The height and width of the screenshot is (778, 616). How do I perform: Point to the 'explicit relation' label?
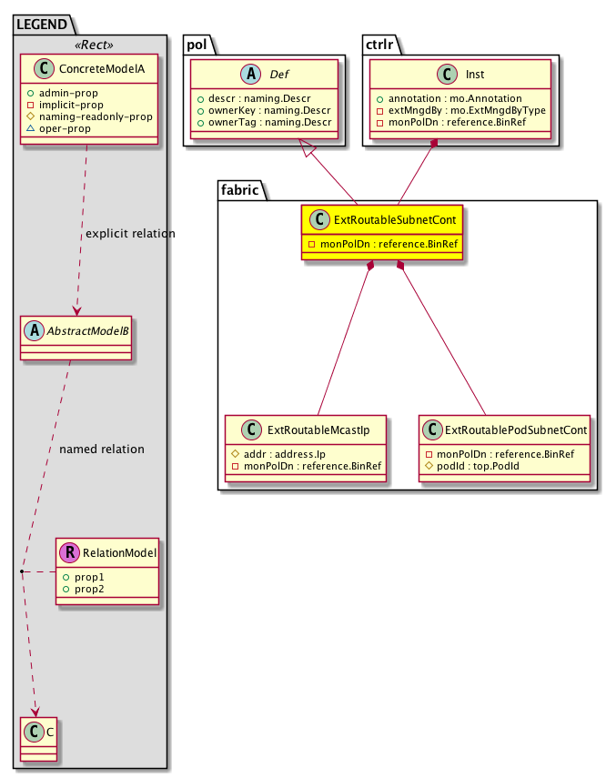(130, 234)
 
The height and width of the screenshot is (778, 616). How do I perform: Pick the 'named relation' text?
(101, 450)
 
